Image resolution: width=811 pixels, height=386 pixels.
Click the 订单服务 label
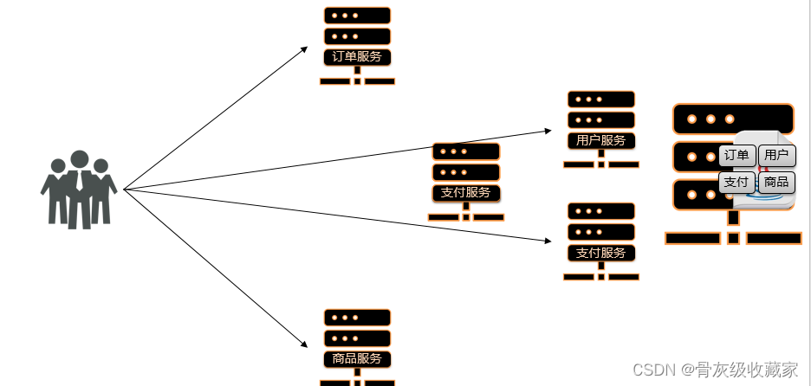[x=357, y=57]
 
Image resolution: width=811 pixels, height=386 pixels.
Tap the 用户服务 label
[x=601, y=140]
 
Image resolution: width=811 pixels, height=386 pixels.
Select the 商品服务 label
[x=357, y=358]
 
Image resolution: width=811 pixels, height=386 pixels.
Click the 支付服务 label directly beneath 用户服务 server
[x=601, y=253]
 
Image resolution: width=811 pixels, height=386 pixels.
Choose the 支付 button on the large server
[x=736, y=182]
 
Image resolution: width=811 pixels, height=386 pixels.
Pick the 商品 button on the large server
[x=776, y=182]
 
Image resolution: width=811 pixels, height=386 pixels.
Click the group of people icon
[x=79, y=190]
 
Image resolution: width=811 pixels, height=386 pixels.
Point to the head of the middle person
[x=79, y=160]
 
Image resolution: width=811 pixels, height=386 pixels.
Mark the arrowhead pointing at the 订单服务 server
[x=304, y=49]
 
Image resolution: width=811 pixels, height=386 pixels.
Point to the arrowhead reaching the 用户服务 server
[x=548, y=131]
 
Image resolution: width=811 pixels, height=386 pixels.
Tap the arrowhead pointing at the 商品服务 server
[x=304, y=344]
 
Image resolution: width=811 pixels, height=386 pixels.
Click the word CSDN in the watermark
[x=654, y=370]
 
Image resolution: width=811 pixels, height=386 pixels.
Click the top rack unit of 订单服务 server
[x=357, y=16]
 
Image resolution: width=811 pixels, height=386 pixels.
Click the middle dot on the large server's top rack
[x=710, y=119]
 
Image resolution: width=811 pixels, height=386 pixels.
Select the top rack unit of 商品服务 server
[x=357, y=318]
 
